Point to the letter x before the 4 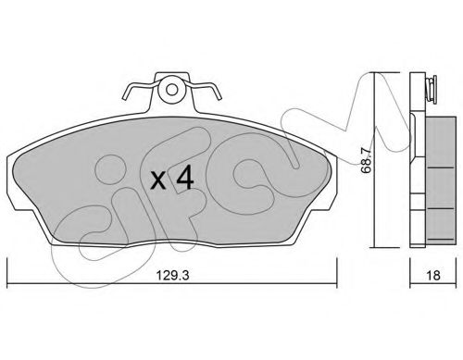[158, 180]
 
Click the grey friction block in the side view [436, 176]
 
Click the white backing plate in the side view [415, 167]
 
